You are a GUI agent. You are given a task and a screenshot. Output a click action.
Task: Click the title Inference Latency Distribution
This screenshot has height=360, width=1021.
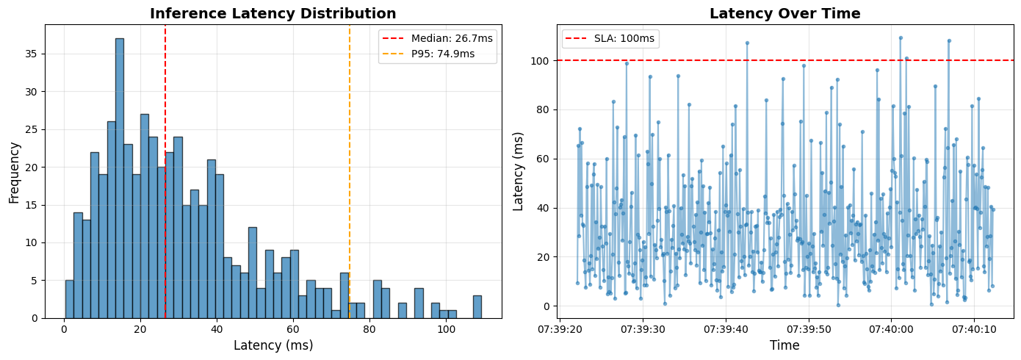[x=273, y=14]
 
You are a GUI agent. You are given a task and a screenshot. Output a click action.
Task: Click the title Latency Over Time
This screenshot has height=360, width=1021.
[x=784, y=14]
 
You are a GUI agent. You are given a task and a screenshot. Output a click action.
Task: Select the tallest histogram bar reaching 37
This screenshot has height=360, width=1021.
[x=119, y=176]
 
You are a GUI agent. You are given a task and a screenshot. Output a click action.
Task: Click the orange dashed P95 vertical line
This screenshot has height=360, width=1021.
[x=350, y=184]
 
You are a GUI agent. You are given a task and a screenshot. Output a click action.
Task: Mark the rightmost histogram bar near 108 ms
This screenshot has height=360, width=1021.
[x=477, y=307]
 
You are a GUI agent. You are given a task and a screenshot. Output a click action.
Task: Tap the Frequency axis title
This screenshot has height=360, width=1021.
[x=15, y=172]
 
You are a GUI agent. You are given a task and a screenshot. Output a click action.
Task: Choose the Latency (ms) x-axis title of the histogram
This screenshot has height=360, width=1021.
[x=273, y=345]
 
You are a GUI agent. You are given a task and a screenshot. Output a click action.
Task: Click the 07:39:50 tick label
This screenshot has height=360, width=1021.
[x=808, y=329]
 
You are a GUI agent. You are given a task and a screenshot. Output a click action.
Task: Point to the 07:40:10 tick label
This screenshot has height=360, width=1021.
[x=974, y=329]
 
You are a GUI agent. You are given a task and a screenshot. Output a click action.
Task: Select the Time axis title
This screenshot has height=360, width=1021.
[x=784, y=345]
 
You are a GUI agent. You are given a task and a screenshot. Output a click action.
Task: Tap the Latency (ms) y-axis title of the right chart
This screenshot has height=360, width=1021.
[x=519, y=172]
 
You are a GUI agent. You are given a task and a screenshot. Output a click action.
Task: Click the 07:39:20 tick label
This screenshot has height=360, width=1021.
[x=560, y=329]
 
